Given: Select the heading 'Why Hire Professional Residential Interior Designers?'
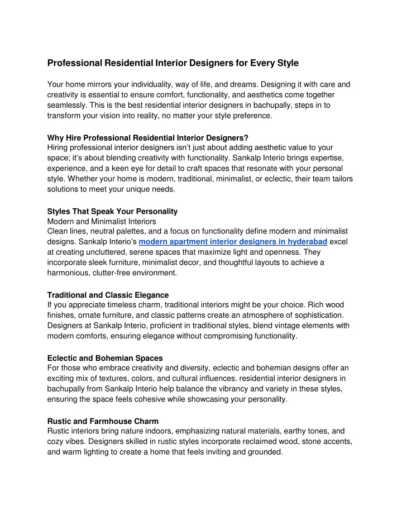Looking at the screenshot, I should (x=148, y=137).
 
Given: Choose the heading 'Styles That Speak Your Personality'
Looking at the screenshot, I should (x=112, y=211).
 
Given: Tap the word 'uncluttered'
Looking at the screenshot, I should (x=106, y=252).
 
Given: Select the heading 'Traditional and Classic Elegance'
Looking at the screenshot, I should (x=108, y=295).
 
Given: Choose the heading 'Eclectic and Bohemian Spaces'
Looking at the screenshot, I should (x=102, y=358).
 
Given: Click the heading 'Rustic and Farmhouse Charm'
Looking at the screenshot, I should (x=103, y=421).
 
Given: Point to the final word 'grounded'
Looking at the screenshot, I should (x=264, y=453).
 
